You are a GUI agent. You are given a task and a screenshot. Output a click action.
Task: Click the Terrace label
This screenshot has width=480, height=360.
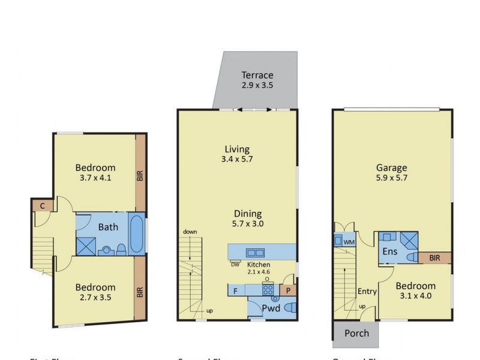pos(257,75)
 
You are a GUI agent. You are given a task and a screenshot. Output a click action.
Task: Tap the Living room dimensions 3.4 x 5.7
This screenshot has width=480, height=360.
pos(236,160)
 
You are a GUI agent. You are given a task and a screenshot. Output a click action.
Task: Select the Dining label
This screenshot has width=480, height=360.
pos(248,213)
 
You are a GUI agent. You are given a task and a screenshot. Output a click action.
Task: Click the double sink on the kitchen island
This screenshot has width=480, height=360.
pos(255,252)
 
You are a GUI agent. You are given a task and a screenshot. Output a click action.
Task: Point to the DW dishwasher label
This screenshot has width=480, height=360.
pos(235,263)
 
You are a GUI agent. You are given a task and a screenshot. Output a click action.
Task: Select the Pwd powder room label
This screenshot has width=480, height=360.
pos(270,308)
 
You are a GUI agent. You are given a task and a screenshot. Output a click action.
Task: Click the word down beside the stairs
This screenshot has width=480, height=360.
pos(190,232)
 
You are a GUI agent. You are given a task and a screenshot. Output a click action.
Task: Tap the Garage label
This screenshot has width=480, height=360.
pos(391,168)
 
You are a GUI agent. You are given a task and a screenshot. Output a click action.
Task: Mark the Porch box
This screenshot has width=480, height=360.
pos(356,334)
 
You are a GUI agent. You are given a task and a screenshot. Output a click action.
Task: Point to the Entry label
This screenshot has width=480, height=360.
pos(367,292)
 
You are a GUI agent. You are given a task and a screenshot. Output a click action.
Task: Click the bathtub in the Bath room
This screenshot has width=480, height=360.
pos(136,235)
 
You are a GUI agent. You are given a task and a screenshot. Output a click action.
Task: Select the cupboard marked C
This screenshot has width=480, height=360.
pos(42,205)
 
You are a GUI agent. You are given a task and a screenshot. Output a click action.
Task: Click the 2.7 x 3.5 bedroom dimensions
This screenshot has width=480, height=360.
pos(95,297)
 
